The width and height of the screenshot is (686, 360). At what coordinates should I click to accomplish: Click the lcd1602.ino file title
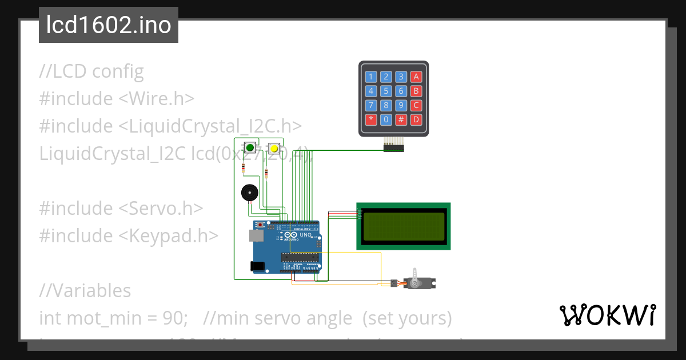pyautogui.click(x=109, y=25)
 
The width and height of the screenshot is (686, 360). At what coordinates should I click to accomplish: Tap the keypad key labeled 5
pyautogui.click(x=386, y=91)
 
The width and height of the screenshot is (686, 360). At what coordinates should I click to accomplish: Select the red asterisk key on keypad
pyautogui.click(x=371, y=119)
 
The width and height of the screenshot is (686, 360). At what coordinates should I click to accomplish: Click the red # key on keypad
pyautogui.click(x=401, y=119)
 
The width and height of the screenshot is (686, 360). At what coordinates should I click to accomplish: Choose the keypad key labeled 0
pyautogui.click(x=386, y=119)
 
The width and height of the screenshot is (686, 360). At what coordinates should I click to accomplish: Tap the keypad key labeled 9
pyautogui.click(x=401, y=105)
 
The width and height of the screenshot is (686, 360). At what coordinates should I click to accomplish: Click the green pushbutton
pyautogui.click(x=250, y=148)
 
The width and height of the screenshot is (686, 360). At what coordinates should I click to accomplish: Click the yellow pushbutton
pyautogui.click(x=274, y=149)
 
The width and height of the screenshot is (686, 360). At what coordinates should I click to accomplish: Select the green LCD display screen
pyautogui.click(x=404, y=226)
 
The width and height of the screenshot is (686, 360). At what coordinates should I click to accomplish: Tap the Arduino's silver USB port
pyautogui.click(x=256, y=235)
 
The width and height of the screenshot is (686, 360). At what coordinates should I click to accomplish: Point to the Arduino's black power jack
pyautogui.click(x=258, y=266)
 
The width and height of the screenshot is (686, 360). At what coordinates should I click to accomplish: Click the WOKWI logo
pyautogui.click(x=607, y=315)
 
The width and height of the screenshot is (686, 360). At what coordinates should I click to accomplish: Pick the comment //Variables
pyautogui.click(x=85, y=290)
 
